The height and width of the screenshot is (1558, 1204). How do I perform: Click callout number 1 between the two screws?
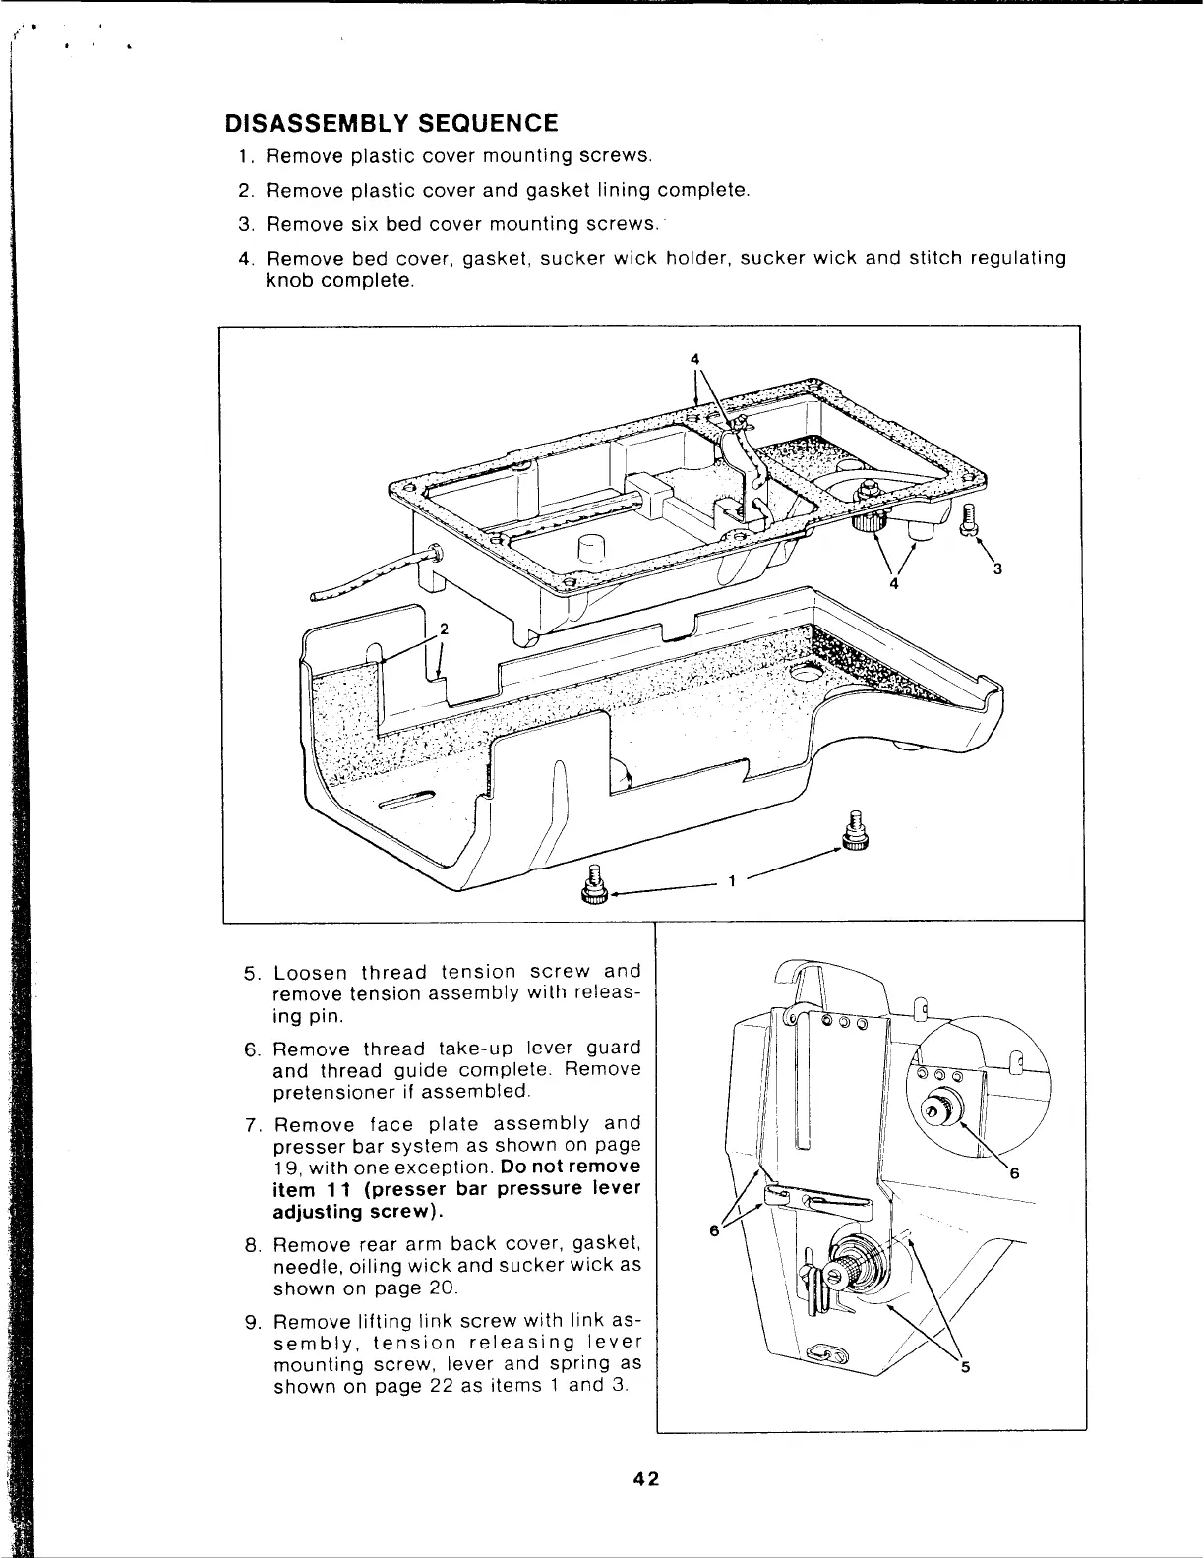pos(732,881)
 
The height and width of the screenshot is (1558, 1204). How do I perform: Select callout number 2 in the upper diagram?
pos(444,629)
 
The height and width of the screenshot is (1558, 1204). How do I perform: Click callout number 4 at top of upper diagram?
pos(694,356)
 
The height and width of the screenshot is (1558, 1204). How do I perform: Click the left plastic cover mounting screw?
pos(593,884)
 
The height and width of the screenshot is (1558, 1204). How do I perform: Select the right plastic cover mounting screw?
pos(854,830)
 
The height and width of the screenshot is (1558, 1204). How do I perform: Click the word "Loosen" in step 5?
pos(309,973)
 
